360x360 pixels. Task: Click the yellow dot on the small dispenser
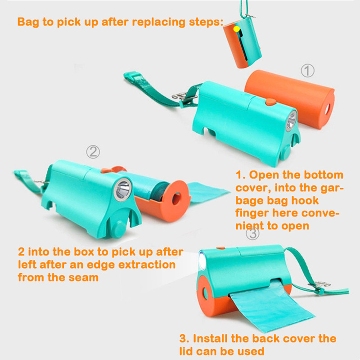click(237, 29)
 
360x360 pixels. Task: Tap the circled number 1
click(308, 71)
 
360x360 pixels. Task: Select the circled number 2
click(93, 152)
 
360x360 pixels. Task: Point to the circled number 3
click(252, 234)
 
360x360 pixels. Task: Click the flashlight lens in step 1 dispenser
click(291, 121)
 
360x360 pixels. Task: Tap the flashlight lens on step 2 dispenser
click(123, 189)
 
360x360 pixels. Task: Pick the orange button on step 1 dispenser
click(271, 102)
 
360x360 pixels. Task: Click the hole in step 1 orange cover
click(327, 109)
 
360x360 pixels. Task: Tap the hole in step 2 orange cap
click(176, 199)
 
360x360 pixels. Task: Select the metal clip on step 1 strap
click(184, 96)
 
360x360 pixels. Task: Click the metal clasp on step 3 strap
click(319, 285)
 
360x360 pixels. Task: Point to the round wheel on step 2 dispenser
click(120, 229)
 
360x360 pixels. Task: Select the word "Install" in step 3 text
click(211, 338)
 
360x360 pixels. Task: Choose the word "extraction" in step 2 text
click(147, 265)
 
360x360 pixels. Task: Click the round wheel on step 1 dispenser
click(285, 153)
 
